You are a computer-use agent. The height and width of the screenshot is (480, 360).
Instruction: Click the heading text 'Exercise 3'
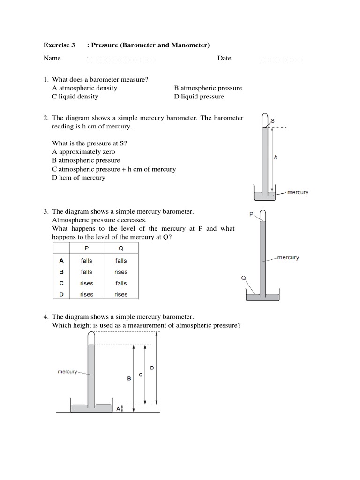pos(59,45)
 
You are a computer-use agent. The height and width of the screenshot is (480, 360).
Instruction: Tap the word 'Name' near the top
pos(52,58)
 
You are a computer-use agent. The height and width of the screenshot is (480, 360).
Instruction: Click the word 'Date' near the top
pos(224,58)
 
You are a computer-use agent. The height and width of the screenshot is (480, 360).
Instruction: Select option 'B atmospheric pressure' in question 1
pos(208,88)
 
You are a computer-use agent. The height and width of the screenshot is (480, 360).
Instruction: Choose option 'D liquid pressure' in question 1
pos(199,97)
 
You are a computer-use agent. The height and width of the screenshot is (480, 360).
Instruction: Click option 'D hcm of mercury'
pos(79,178)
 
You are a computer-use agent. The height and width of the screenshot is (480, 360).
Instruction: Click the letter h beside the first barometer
pos(276,157)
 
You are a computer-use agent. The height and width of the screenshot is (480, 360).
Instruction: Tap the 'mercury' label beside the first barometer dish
pos(298,192)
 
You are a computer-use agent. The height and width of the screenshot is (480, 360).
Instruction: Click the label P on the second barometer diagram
pos(251,214)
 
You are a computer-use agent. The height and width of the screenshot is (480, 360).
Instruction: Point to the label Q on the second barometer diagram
pos(243,277)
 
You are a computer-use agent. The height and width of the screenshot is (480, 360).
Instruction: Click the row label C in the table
pos(61,283)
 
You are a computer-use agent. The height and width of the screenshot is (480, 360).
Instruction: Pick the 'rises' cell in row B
pos(120,272)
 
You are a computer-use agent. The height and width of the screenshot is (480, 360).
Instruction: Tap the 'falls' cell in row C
pos(120,283)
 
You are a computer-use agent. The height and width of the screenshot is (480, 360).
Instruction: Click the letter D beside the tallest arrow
pos(152,367)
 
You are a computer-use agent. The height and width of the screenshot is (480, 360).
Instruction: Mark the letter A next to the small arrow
pos(118,409)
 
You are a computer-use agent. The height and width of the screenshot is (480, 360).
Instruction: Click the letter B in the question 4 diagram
pos(129,379)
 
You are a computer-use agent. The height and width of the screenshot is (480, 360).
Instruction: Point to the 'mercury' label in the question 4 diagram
pos(67,372)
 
